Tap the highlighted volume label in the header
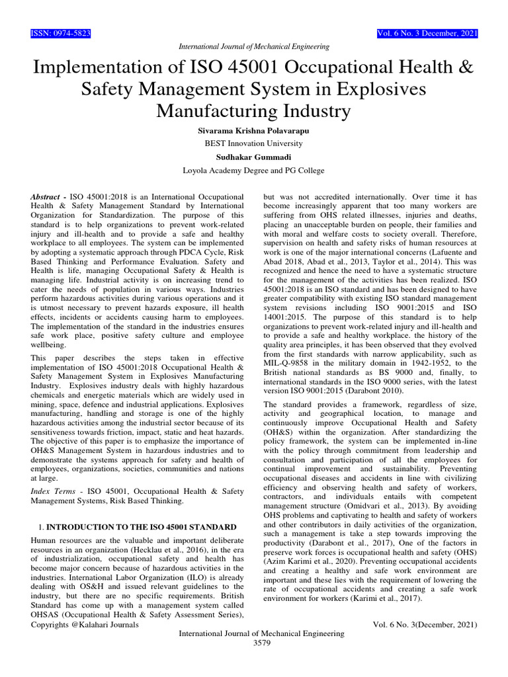(427, 34)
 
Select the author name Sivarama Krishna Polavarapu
(254, 131)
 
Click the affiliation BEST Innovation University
(254, 143)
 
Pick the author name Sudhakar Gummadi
(254, 157)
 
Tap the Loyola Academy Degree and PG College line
(254, 170)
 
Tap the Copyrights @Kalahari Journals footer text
(85, 624)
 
